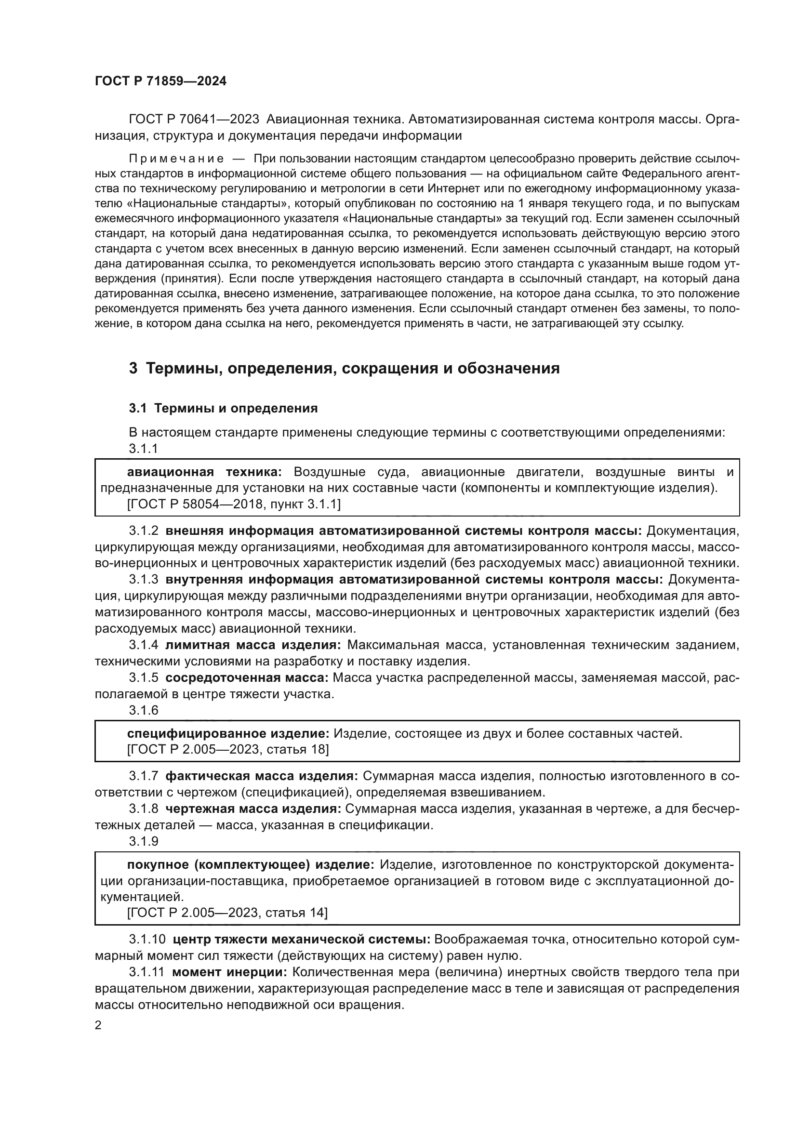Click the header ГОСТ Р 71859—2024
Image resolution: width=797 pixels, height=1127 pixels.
pyautogui.click(x=160, y=81)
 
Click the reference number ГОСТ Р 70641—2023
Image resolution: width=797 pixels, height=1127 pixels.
pyautogui.click(x=194, y=119)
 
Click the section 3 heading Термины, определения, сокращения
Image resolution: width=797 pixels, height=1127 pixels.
pyautogui.click(x=344, y=368)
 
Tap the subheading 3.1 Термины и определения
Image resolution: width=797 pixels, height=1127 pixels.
pyautogui.click(x=223, y=409)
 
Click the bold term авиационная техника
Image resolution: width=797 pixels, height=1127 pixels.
pyautogui.click(x=204, y=472)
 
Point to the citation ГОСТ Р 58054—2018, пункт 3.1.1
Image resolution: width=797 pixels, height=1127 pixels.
pyautogui.click(x=234, y=504)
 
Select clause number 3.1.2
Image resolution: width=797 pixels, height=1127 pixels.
pyautogui.click(x=143, y=530)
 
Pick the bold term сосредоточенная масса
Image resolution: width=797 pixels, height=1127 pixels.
pyautogui.click(x=247, y=678)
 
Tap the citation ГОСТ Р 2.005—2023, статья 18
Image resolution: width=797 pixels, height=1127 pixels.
pyautogui.click(x=228, y=749)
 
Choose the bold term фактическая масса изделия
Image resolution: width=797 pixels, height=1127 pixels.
pyautogui.click(x=262, y=776)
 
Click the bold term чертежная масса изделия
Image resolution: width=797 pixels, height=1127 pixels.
pyautogui.click(x=253, y=809)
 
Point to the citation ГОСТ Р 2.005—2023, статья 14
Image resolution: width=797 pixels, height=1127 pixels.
pyautogui.click(x=227, y=912)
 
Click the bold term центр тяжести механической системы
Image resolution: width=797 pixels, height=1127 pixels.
pyautogui.click(x=301, y=939)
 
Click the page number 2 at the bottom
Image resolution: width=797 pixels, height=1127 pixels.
pyautogui.click(x=98, y=1025)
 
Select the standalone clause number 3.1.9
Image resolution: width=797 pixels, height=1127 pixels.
pyautogui.click(x=143, y=841)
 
